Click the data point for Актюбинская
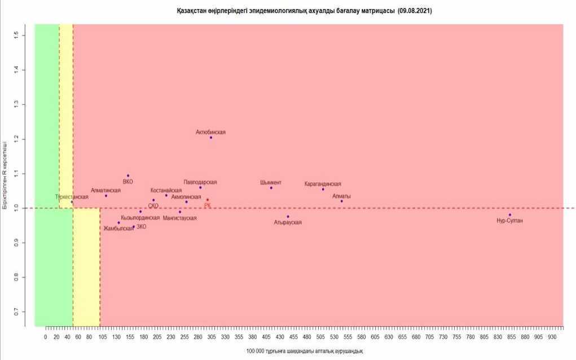(211, 138)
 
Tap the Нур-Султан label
(509, 221)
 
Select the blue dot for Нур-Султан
(509, 214)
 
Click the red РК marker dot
(208, 200)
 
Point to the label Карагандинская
(323, 184)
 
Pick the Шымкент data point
(271, 188)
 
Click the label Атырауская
(288, 222)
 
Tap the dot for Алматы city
(341, 201)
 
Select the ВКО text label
(128, 182)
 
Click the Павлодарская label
(200, 182)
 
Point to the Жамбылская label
(118, 229)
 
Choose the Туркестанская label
(72, 197)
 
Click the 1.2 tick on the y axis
(16, 139)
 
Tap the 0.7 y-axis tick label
(16, 312)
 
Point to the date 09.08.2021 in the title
(415, 11)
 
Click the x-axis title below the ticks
(305, 351)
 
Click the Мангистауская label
(179, 218)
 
